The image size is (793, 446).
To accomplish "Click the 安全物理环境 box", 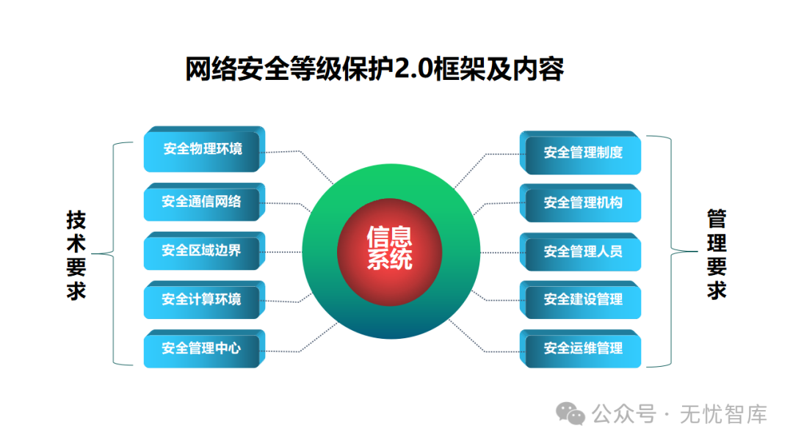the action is [x=204, y=149].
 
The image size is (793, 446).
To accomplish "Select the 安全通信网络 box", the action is [x=204, y=202].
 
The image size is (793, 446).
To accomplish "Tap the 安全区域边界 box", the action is [x=204, y=251].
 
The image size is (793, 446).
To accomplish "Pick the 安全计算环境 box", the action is [x=204, y=299].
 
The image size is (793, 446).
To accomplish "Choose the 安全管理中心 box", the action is [x=204, y=348].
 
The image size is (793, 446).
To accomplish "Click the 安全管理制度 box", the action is [x=581, y=153].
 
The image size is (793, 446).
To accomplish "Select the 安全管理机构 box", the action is [x=581, y=202].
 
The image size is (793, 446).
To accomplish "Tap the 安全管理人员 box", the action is [x=581, y=252].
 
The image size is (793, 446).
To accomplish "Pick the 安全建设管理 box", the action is [x=581, y=299].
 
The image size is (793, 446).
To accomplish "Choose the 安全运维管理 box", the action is [x=581, y=348].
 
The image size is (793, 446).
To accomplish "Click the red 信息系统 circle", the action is [x=389, y=252].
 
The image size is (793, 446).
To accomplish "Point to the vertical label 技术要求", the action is [x=76, y=255].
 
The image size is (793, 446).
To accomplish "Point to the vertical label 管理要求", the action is [x=717, y=254].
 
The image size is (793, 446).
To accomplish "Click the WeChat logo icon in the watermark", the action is [x=571, y=414].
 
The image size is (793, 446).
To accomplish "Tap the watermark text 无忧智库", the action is [x=723, y=414].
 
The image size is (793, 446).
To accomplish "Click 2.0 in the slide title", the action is [x=413, y=69].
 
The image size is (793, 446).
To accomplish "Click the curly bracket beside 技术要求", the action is [x=113, y=254].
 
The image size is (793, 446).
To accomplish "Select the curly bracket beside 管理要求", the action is [x=671, y=251].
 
